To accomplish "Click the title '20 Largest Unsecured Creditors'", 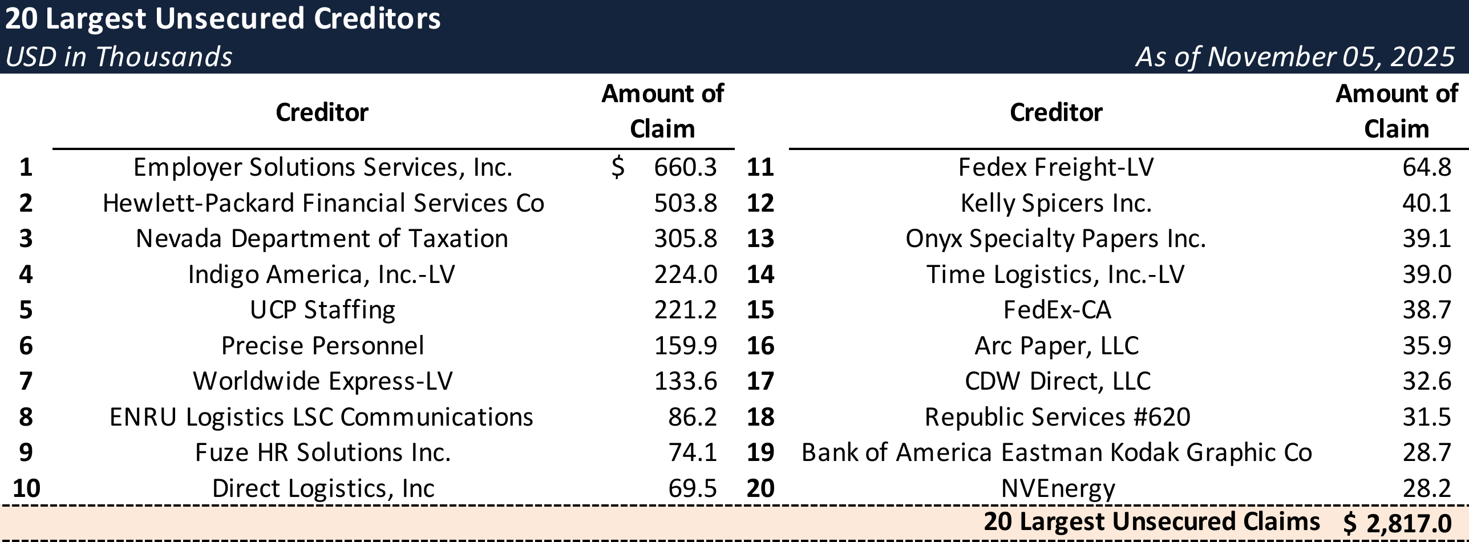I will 222,19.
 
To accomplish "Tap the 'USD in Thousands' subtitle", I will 119,57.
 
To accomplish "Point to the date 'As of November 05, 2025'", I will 1295,57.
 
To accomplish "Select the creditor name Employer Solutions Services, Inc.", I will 323,167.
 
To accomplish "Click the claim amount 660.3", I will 685,167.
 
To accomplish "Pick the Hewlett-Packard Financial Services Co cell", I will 323,203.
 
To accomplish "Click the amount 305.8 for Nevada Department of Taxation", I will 685,238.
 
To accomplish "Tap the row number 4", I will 26,274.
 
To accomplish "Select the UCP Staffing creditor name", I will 323,310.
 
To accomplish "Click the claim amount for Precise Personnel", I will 685,346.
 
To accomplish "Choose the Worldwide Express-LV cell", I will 323,381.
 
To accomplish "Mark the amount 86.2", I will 692,417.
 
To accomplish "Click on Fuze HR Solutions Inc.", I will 323,452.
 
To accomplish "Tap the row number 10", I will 26,488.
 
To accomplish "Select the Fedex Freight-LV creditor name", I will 1056,167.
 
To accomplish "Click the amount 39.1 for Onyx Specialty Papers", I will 1427,238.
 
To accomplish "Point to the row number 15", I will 760,310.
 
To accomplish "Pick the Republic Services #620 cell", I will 1057,417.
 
